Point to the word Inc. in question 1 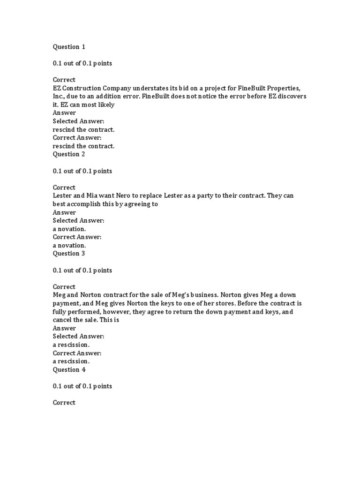60,97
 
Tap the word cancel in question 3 63,320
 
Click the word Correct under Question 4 64,403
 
